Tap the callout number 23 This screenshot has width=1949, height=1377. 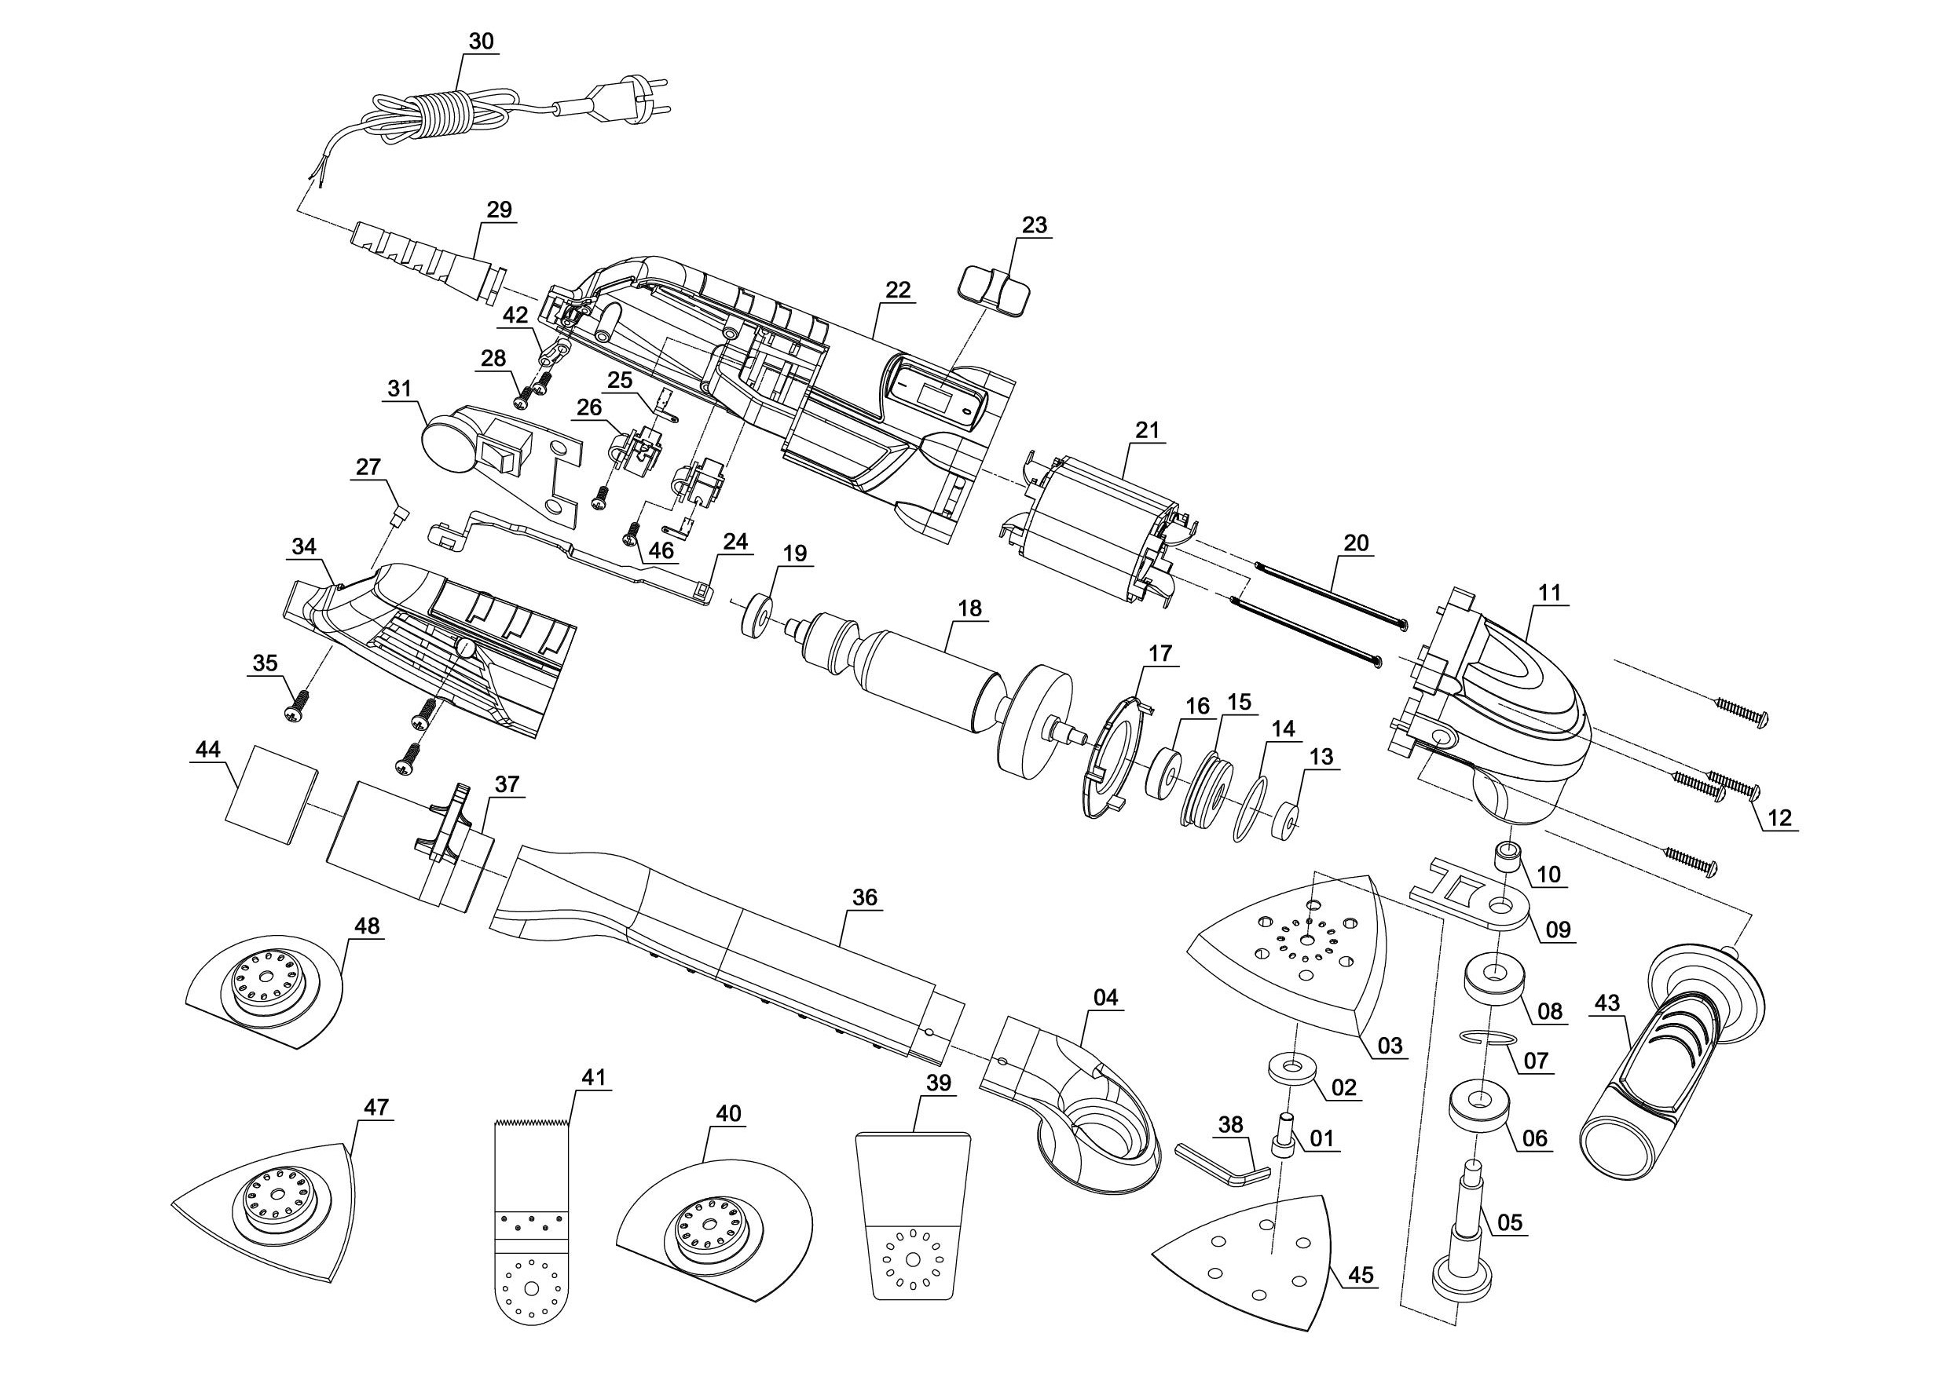[1035, 225]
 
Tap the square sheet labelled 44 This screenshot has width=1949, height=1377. [271, 796]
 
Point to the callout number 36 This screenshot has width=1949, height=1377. [864, 897]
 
